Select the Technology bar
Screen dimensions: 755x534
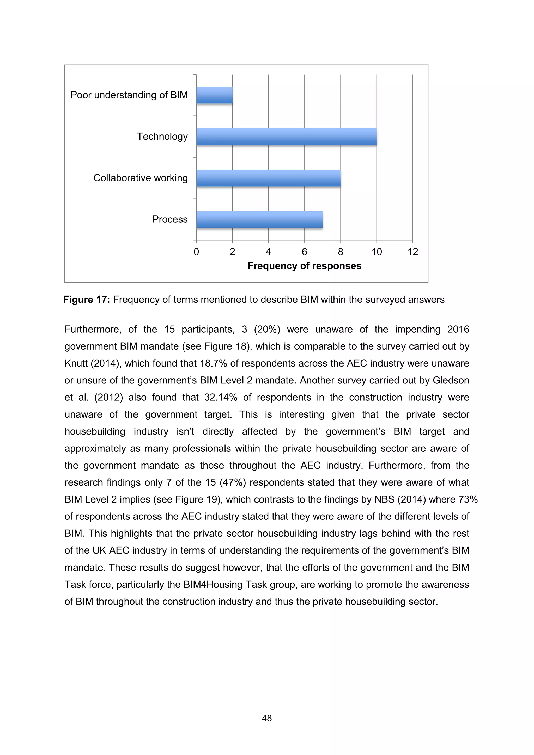coord(286,137)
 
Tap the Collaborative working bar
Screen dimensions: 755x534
coord(268,178)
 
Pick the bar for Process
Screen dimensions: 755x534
coord(259,219)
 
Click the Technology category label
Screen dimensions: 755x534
coord(162,137)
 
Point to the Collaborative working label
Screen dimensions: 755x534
coord(141,178)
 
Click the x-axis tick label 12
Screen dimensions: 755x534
coord(412,252)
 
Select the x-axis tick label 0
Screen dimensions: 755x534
coord(196,252)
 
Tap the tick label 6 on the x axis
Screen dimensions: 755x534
coord(304,252)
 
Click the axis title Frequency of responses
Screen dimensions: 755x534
coord(304,266)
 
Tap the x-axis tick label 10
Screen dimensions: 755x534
coord(377,252)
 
